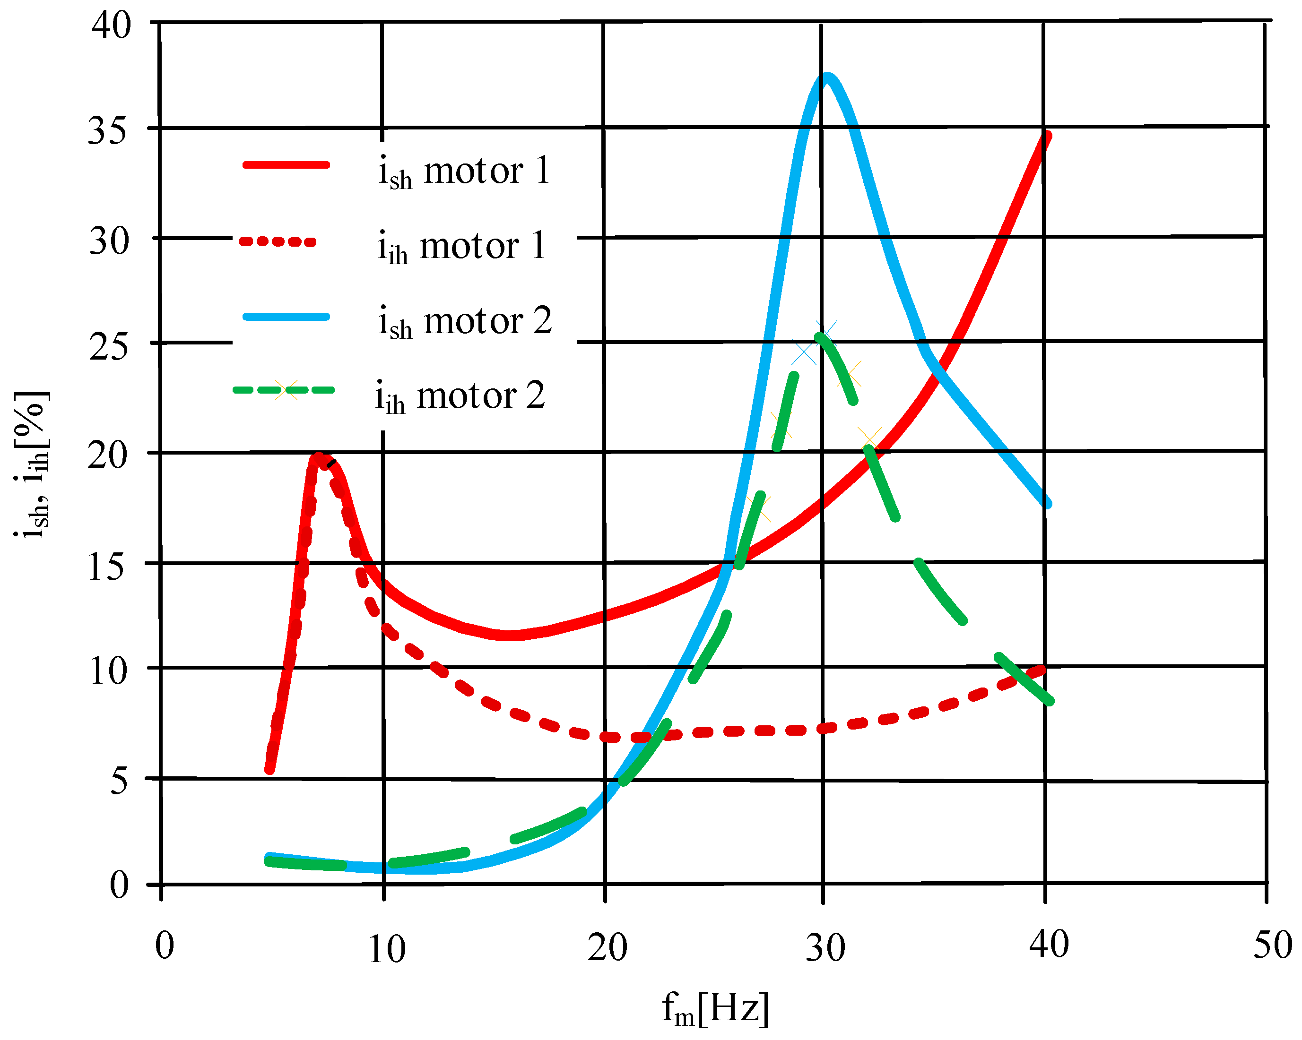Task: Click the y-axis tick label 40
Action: coord(111,26)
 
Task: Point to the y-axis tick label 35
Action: coord(109,131)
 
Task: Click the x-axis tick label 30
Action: coord(825,948)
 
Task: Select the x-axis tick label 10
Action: coord(387,949)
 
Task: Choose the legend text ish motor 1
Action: coord(464,171)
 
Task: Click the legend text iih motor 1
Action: coord(461,246)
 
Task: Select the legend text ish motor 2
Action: coord(465,321)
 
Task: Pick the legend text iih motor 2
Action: coord(460,396)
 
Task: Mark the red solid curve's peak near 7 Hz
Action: coord(318,457)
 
